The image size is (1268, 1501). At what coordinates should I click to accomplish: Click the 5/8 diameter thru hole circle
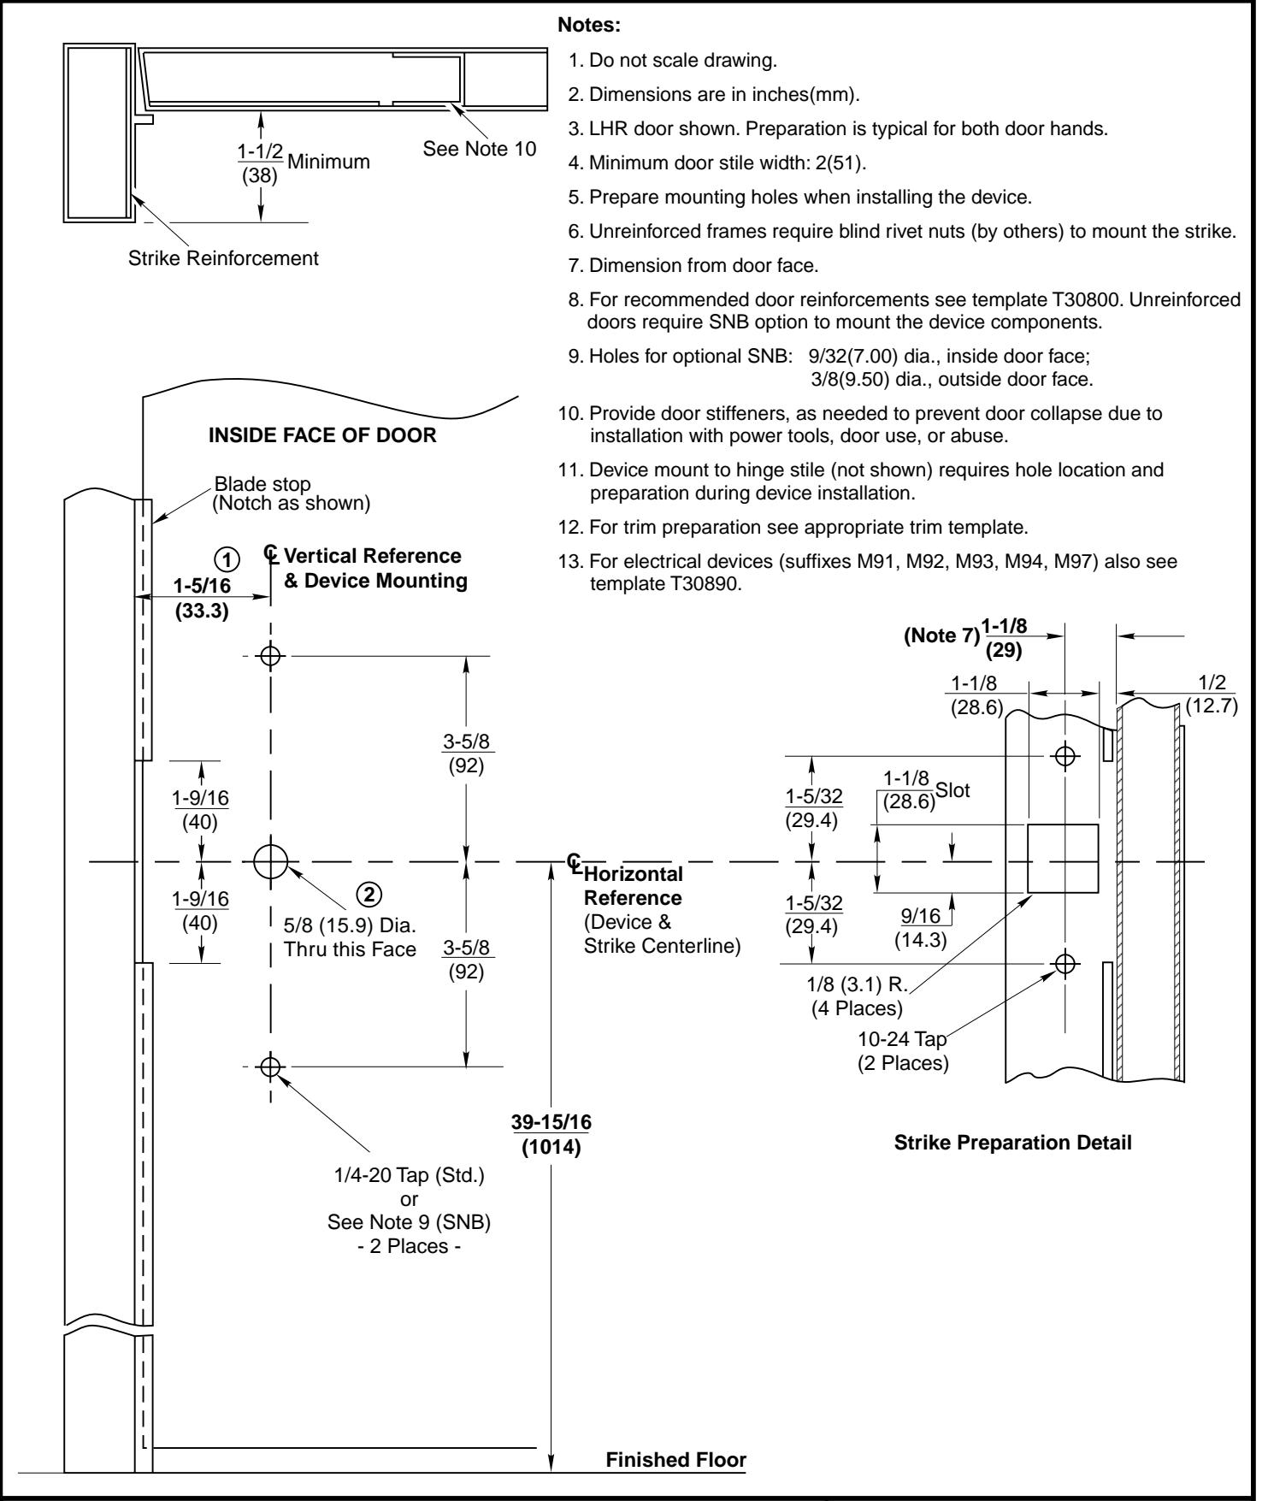(270, 861)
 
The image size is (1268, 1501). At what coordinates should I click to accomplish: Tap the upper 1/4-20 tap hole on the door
(270, 656)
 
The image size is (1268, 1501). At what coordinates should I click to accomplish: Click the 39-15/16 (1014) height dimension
(551, 1135)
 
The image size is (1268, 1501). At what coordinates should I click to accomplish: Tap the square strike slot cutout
(1062, 858)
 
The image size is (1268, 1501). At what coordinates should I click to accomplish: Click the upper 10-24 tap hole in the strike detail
(1065, 756)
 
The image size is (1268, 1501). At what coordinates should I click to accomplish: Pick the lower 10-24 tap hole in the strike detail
(1065, 964)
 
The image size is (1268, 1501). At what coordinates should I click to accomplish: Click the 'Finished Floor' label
(675, 1459)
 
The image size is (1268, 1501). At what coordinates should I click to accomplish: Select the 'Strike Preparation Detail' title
(1012, 1143)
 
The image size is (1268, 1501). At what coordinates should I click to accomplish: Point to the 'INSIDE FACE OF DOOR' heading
(322, 435)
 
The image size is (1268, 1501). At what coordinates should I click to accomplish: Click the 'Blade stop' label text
(262, 485)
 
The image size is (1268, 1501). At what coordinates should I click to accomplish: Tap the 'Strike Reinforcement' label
(223, 257)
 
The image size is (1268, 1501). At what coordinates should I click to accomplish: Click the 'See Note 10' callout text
(480, 149)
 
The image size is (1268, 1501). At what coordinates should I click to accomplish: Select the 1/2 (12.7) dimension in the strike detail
(1212, 695)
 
